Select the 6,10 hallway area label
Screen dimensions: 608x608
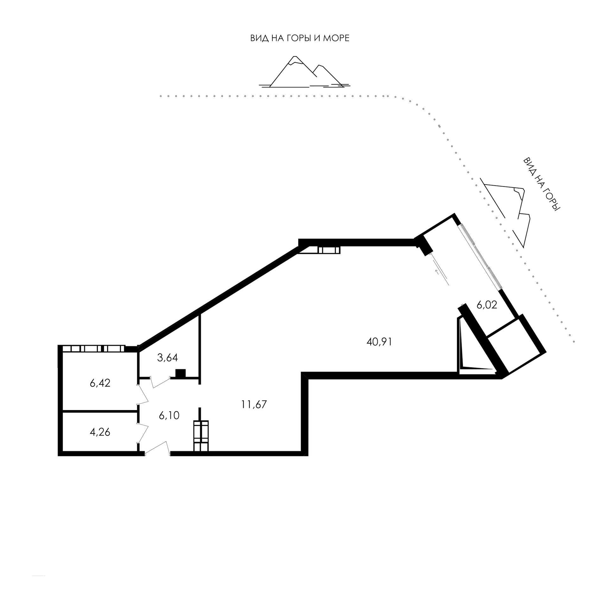coord(169,415)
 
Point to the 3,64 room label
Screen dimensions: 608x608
coord(168,358)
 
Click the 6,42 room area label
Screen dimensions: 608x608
coord(100,383)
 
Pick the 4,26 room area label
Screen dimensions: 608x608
coord(100,432)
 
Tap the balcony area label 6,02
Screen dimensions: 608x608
coord(486,305)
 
